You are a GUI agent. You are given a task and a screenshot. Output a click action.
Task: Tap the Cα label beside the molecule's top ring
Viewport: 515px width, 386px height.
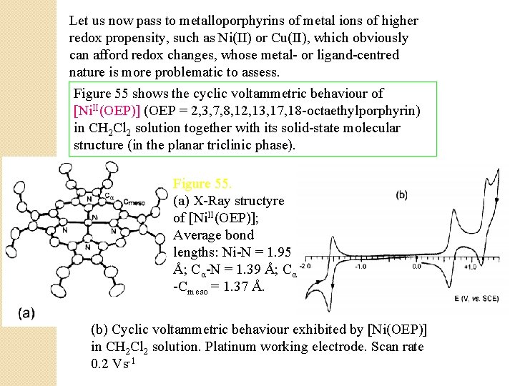[109, 197]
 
